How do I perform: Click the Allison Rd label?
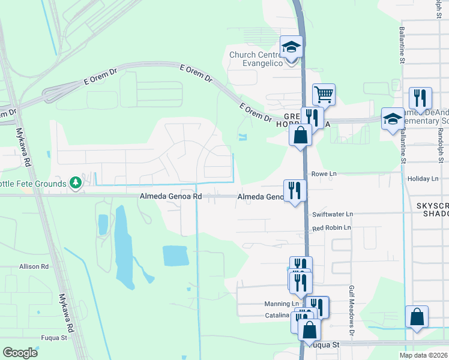point(34,266)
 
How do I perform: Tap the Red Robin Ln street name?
point(331,228)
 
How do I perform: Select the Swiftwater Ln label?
point(333,214)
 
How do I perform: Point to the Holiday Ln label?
point(423,179)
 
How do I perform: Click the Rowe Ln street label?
point(324,174)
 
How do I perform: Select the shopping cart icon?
point(324,94)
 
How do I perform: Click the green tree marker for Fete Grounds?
point(75,182)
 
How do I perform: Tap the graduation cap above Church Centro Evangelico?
point(292,47)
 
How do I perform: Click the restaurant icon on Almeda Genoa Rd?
point(294,190)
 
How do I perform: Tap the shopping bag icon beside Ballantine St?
point(417,317)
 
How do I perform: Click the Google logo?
point(20,353)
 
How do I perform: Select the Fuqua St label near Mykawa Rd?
point(54,338)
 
